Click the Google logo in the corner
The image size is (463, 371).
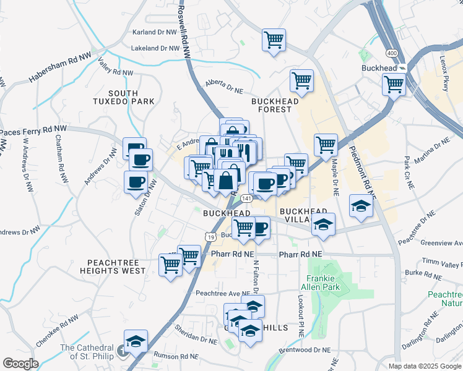[20, 364]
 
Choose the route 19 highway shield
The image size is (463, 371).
[211, 237]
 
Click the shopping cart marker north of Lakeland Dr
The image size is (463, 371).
[274, 40]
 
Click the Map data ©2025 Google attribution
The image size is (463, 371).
[425, 366]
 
